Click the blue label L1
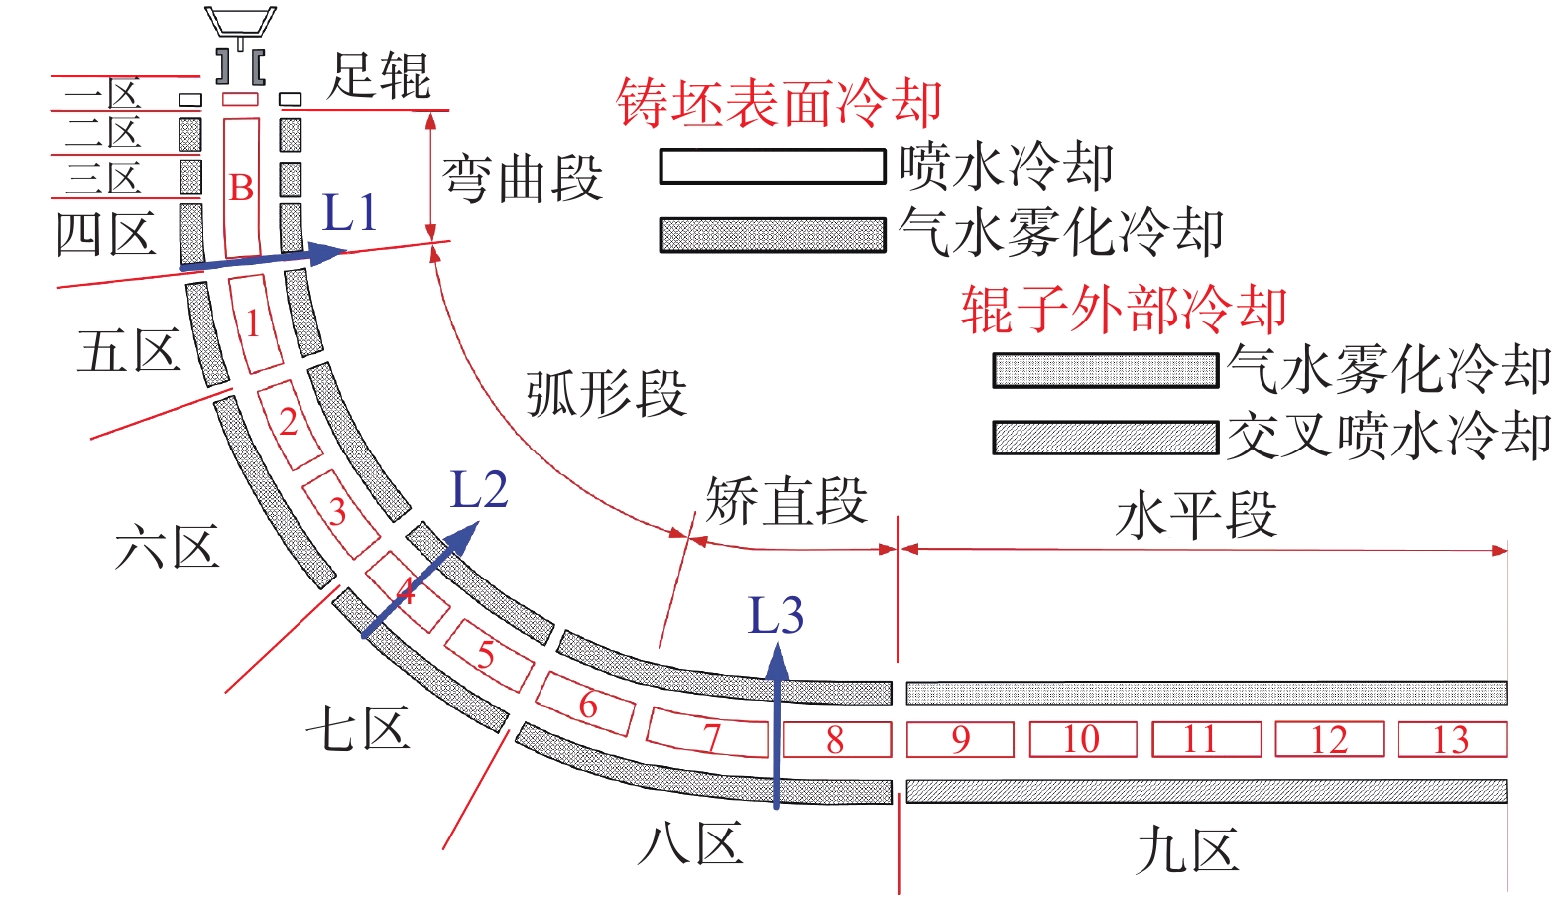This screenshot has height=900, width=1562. (350, 213)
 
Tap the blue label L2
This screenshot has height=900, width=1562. (479, 489)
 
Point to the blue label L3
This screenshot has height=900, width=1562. (775, 616)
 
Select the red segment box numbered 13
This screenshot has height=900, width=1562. (1452, 740)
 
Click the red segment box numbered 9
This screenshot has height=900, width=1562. (960, 740)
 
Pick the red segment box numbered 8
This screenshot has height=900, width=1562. (837, 740)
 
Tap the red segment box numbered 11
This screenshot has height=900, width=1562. (1206, 740)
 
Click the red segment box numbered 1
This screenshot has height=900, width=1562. (254, 323)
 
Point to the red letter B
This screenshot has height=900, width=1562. (241, 188)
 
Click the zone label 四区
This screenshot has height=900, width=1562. (105, 235)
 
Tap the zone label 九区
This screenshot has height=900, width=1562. (1187, 851)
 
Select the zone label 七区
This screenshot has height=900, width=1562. (358, 730)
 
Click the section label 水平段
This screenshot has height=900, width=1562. (1196, 516)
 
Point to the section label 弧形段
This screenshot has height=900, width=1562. (606, 394)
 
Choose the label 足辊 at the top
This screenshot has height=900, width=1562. (380, 75)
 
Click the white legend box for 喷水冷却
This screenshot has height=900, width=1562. (773, 167)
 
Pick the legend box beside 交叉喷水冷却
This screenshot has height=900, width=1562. (1105, 438)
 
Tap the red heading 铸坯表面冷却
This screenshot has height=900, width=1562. (779, 104)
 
